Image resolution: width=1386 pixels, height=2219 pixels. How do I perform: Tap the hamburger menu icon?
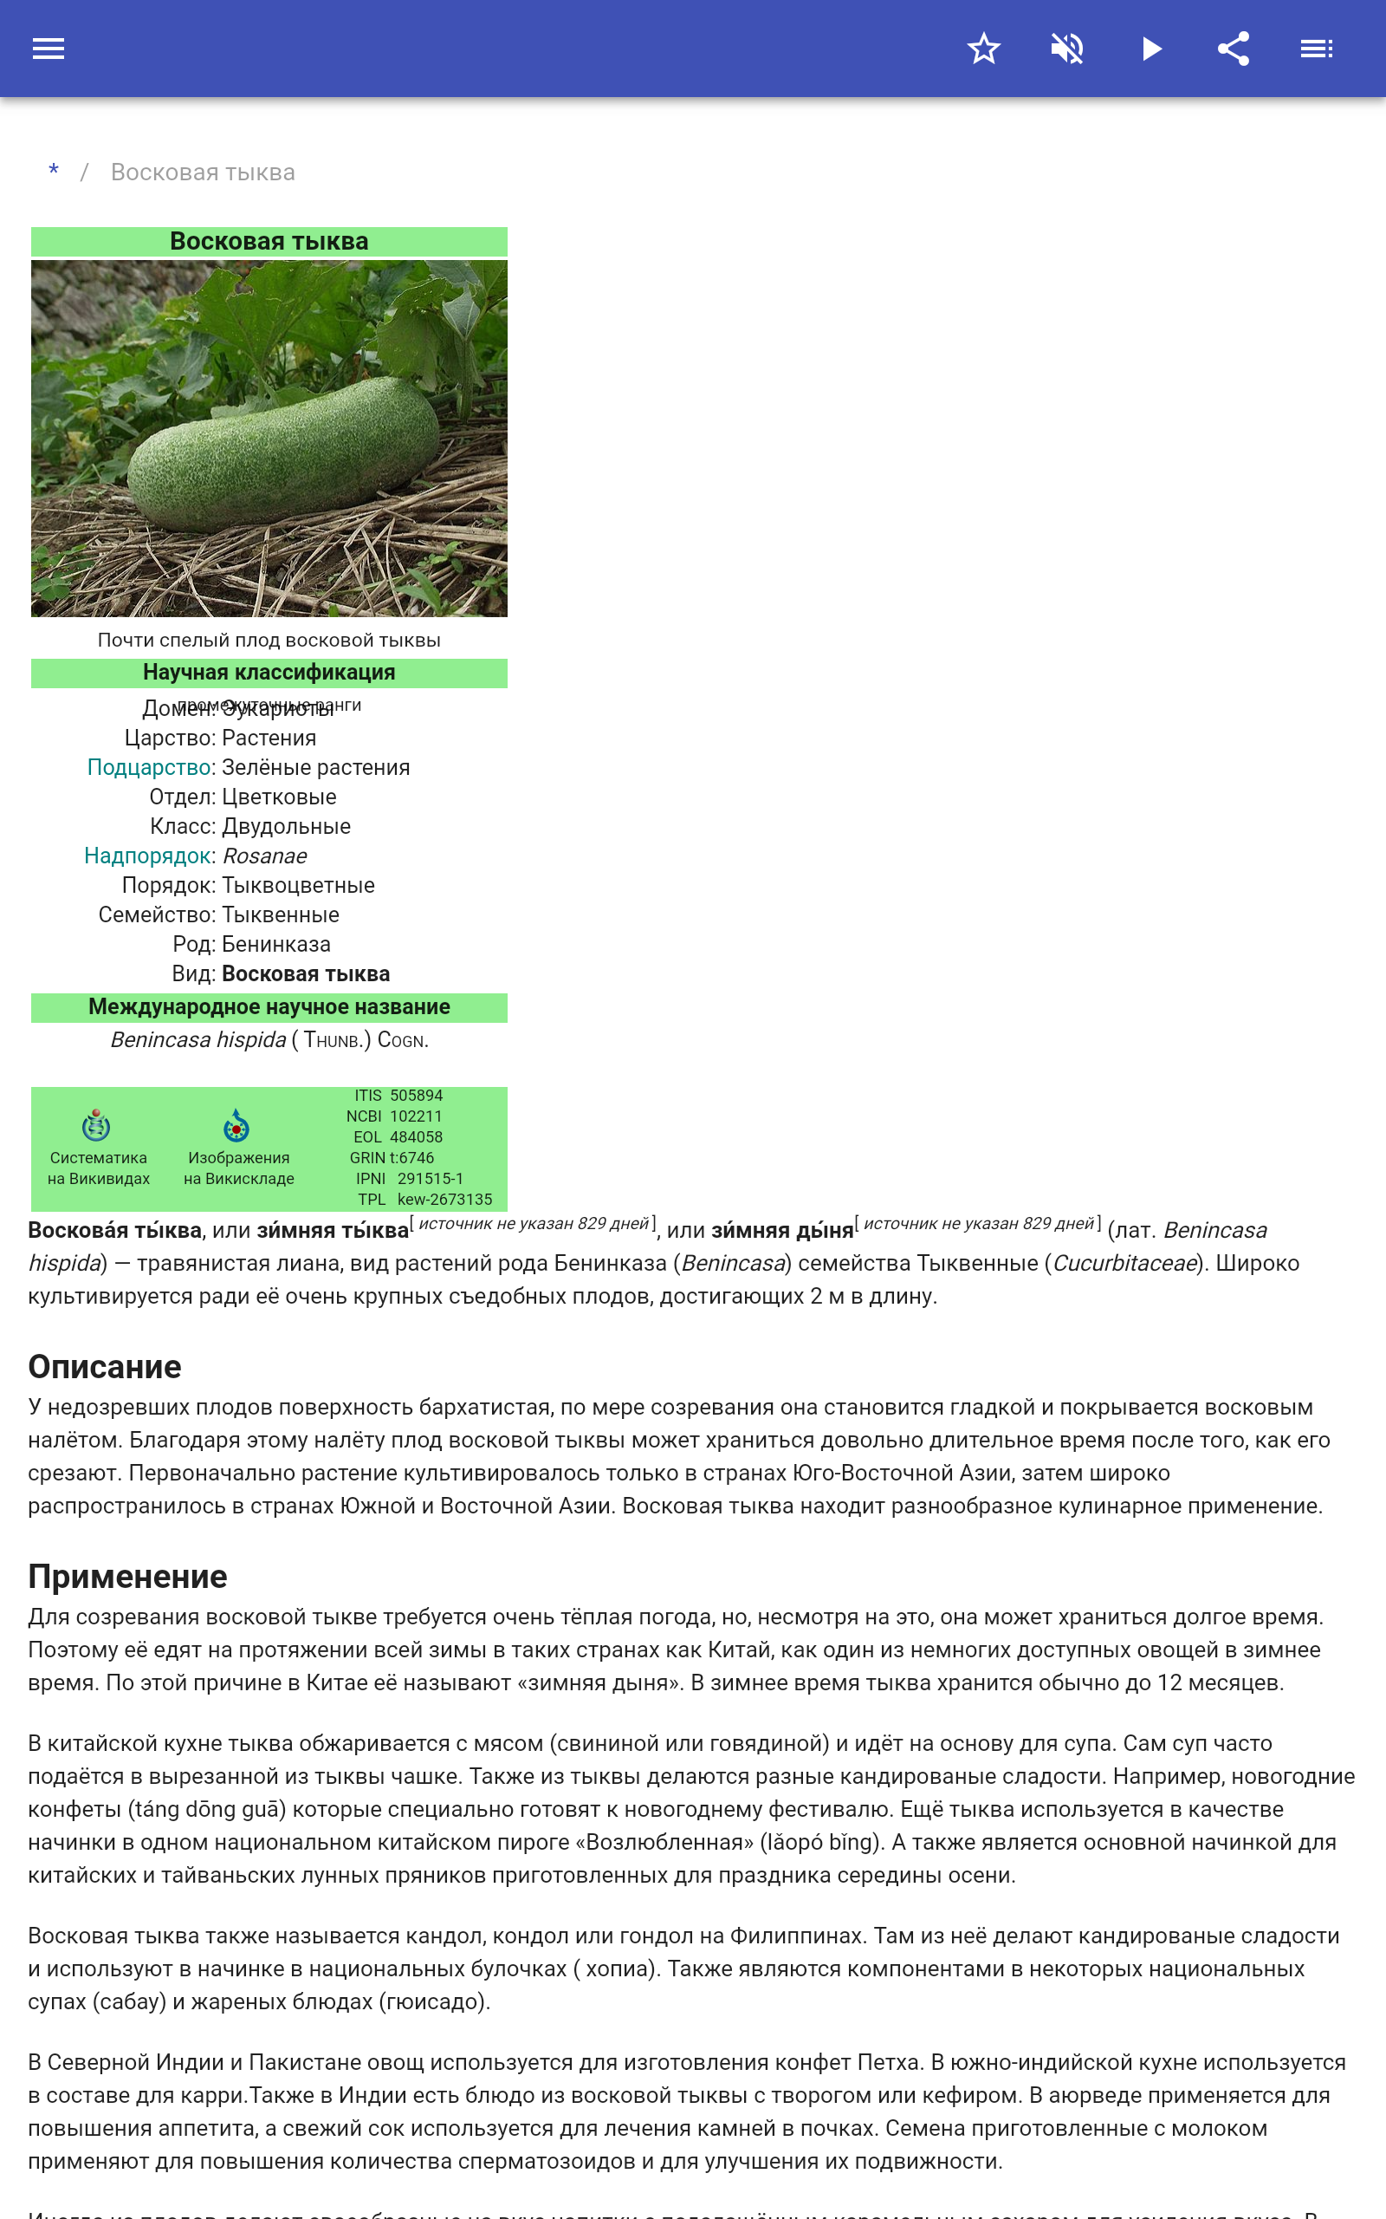[49, 49]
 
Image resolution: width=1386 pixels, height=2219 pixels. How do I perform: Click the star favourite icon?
[983, 49]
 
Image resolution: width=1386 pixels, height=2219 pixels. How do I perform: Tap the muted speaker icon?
[1067, 49]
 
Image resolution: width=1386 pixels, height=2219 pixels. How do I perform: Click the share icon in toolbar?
[1234, 49]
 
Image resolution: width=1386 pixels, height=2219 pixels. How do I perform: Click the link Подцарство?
[149, 767]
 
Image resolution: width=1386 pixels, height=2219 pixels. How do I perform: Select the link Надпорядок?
[147, 856]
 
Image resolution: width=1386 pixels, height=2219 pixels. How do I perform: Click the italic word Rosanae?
[265, 856]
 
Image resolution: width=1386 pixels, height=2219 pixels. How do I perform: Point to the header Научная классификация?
[269, 672]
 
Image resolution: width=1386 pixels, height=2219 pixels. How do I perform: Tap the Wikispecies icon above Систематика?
[96, 1125]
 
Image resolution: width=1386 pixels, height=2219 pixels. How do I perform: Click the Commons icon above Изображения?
[236, 1125]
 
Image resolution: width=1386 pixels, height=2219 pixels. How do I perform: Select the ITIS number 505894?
[416, 1096]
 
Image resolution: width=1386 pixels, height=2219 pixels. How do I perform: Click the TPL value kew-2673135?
[444, 1200]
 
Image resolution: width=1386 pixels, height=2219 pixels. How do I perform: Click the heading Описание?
[105, 1366]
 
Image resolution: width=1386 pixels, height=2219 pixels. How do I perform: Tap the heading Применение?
[127, 1576]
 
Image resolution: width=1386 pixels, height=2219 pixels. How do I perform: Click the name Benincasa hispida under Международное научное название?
[198, 1040]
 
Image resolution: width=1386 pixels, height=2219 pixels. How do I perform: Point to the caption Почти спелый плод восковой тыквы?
[269, 640]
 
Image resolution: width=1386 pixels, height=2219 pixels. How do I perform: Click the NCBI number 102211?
[416, 1116]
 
